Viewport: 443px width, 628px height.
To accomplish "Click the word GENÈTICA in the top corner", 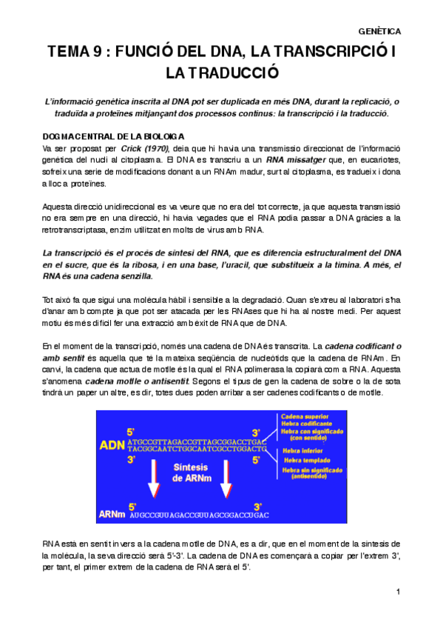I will point(379,32).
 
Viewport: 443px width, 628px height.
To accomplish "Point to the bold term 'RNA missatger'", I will point(295,159).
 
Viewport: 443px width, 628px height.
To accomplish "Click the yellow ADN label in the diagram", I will point(112,446).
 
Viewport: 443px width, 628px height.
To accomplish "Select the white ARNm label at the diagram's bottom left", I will point(112,514).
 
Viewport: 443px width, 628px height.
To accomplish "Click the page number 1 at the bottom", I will point(398,591).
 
